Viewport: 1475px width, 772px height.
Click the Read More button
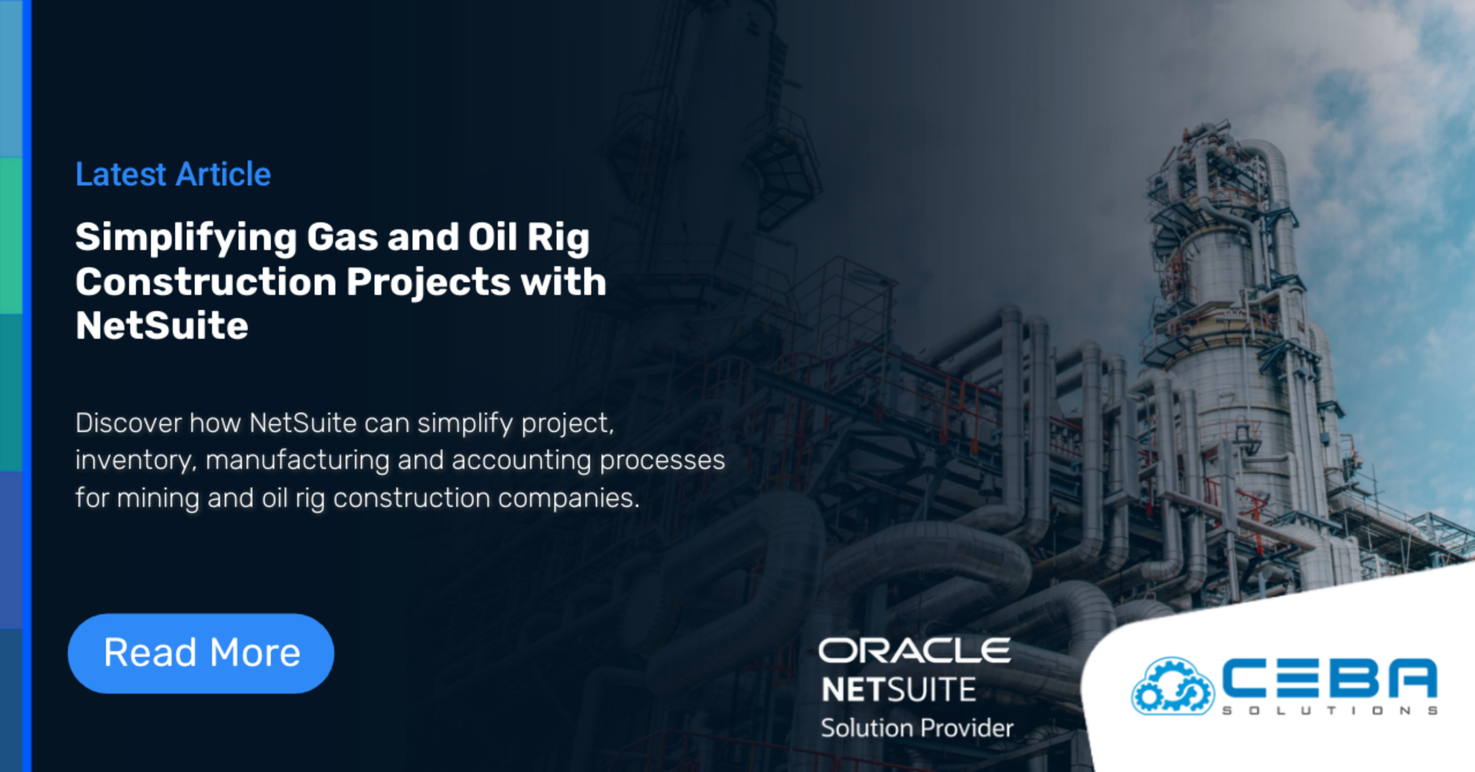click(201, 653)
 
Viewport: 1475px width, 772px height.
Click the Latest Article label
click(173, 174)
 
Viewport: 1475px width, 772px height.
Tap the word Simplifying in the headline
click(186, 238)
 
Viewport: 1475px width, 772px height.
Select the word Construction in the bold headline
click(206, 282)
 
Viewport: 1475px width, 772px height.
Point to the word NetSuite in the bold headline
click(162, 326)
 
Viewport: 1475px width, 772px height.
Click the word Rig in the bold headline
click(558, 238)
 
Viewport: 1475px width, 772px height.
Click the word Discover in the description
click(128, 423)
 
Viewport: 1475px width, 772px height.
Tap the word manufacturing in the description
click(297, 460)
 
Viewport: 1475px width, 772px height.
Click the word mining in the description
click(158, 498)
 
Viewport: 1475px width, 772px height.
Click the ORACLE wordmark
click(914, 650)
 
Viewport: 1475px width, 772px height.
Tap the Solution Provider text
click(917, 728)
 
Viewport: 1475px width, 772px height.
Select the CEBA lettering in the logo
click(1329, 678)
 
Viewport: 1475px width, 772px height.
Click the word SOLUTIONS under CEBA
click(1329, 711)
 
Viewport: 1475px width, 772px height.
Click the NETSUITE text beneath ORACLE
click(898, 690)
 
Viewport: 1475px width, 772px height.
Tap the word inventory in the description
click(136, 460)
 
